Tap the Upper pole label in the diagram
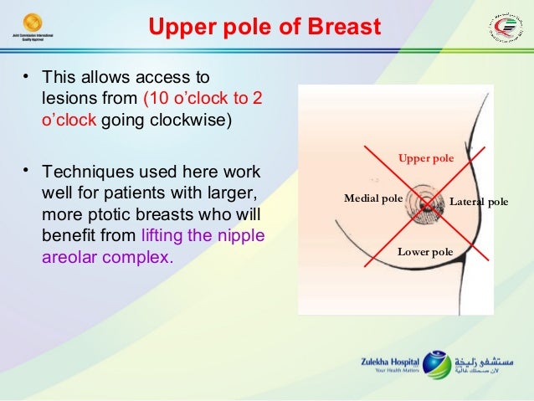click(425, 157)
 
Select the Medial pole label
click(372, 198)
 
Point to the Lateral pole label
click(479, 202)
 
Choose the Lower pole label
click(424, 250)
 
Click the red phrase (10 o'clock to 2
click(202, 99)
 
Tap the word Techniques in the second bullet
click(85, 173)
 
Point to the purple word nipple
click(242, 236)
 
